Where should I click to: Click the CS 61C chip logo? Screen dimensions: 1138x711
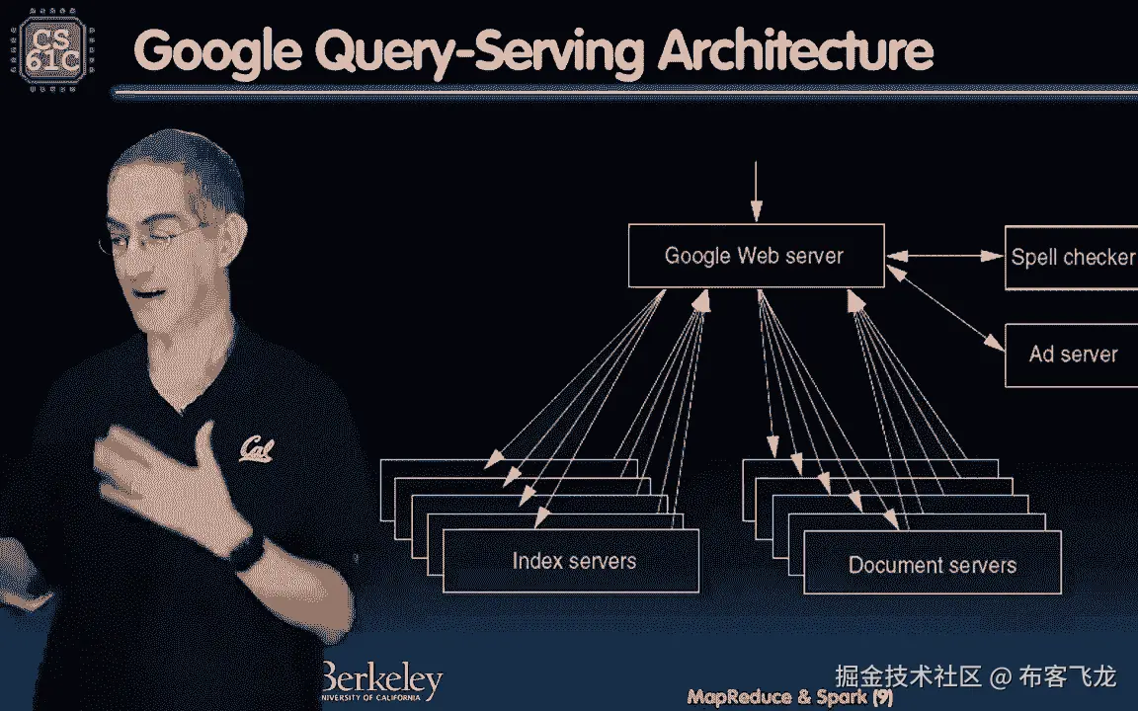tap(47, 47)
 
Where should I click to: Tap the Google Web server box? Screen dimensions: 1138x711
tap(756, 257)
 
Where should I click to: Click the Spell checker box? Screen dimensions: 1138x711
tap(1071, 258)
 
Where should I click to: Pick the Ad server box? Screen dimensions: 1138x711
tap(1072, 355)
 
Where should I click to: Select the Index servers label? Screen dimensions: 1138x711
tap(574, 561)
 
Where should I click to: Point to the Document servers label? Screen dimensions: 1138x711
tap(932, 566)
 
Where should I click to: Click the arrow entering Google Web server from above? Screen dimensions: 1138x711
tap(756, 193)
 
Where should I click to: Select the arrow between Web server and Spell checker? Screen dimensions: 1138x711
tap(943, 257)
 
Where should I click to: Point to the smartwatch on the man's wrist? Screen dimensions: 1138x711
tap(246, 548)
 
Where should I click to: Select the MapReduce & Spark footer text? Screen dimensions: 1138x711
tap(776, 697)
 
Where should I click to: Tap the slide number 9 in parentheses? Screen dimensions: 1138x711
tap(883, 697)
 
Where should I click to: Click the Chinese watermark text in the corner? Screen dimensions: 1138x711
tap(975, 676)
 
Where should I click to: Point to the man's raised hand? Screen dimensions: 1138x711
tap(168, 464)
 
